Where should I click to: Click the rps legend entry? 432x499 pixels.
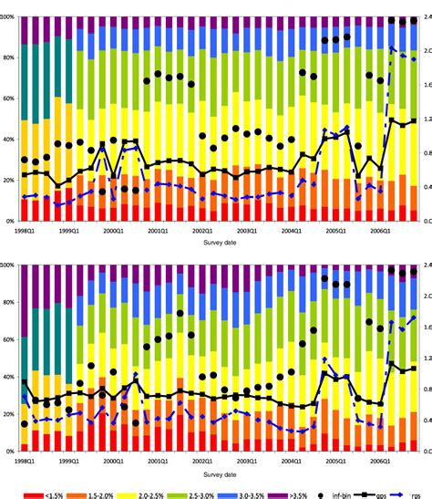point(415,490)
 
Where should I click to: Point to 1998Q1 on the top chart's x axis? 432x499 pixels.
point(27,232)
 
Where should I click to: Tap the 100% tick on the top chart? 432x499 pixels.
point(8,17)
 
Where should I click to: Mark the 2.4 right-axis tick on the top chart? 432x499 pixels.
point(424,17)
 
